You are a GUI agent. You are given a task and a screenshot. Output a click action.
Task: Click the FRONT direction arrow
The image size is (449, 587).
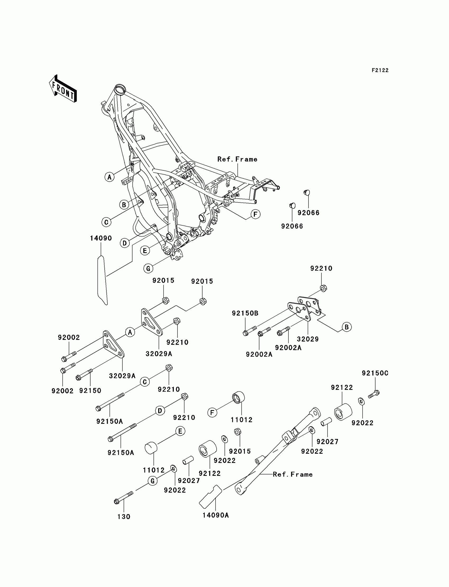(63, 88)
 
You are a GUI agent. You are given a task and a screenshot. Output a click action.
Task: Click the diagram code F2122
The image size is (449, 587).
(380, 71)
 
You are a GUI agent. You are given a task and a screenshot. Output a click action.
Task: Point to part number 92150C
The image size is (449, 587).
(375, 373)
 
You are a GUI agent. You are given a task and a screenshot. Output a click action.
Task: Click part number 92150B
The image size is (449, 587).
(245, 313)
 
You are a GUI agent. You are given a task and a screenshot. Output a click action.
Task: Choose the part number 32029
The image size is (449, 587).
(308, 339)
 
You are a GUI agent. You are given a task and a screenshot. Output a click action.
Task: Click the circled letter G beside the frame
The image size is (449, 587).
(148, 268)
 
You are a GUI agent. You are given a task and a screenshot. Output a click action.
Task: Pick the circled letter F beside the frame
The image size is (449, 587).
(255, 214)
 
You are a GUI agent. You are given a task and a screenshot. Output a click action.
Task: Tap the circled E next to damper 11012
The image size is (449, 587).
(180, 431)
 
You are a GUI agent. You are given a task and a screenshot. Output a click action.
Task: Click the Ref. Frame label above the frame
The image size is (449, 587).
(237, 159)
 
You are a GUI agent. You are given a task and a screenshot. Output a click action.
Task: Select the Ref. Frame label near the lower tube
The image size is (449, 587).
(293, 474)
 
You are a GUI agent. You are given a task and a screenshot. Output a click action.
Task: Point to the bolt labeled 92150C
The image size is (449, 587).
(374, 394)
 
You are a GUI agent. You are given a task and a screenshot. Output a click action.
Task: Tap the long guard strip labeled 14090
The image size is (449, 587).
(102, 280)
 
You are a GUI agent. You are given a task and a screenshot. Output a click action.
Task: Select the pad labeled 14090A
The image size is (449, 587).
(210, 496)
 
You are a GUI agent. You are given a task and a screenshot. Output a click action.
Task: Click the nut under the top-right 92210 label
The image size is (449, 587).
(323, 288)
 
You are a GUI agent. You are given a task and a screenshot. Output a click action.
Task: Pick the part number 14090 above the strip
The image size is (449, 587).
(101, 238)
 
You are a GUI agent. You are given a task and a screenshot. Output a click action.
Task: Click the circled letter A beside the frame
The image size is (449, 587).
(109, 177)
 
